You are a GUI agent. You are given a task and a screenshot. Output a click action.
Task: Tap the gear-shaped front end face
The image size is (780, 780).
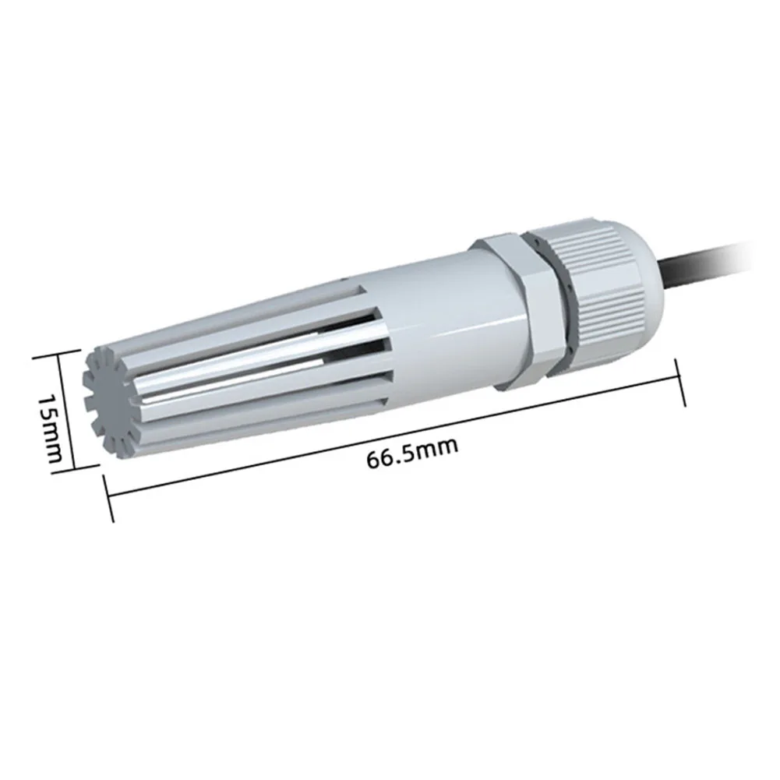pyautogui.click(x=109, y=404)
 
